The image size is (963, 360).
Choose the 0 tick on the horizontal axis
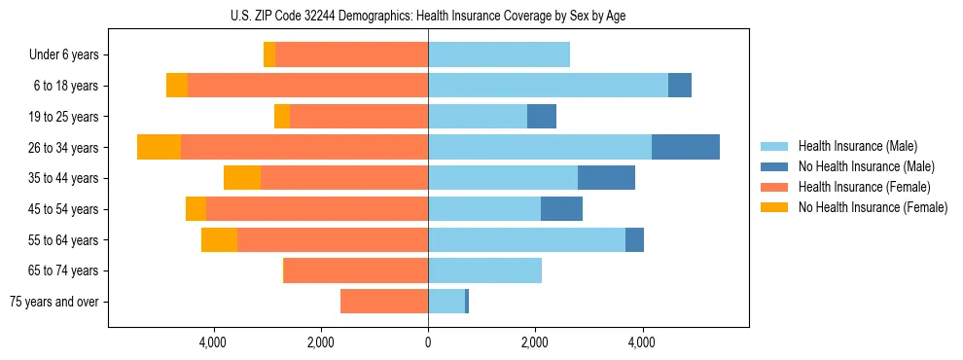[428, 342]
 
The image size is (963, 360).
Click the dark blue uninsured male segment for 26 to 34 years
[686, 147]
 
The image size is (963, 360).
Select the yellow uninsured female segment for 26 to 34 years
[159, 147]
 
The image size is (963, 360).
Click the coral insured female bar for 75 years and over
[384, 302]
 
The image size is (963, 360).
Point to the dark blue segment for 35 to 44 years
[606, 178]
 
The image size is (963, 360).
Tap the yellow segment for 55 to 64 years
[219, 239]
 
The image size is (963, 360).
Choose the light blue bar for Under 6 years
[499, 54]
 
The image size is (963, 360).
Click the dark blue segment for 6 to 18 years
[680, 86]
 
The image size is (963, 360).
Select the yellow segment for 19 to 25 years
[282, 117]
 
